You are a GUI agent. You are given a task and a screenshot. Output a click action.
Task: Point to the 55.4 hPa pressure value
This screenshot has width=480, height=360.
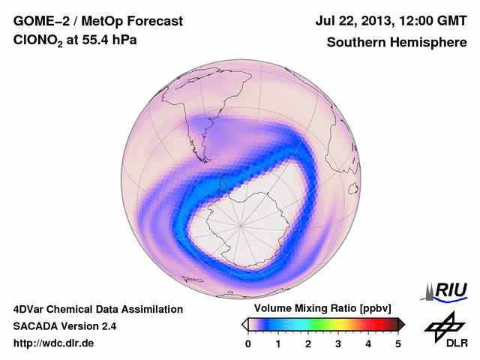click(x=115, y=42)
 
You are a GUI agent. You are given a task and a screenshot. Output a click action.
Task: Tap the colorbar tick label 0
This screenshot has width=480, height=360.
click(x=248, y=343)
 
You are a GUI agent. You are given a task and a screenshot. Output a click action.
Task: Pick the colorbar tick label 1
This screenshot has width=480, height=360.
click(x=278, y=343)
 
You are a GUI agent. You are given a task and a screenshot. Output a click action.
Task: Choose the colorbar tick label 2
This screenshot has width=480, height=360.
click(x=308, y=343)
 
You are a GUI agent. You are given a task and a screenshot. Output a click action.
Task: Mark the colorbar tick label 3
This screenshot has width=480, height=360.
click(x=338, y=343)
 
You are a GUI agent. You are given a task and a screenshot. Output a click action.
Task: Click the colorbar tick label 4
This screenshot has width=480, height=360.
click(x=368, y=343)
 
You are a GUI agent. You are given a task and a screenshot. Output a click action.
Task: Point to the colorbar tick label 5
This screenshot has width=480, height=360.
click(x=398, y=343)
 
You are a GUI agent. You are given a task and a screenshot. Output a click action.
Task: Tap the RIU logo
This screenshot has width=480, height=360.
click(x=446, y=290)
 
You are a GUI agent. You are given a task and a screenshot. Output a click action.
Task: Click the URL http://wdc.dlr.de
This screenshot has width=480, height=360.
click(x=55, y=343)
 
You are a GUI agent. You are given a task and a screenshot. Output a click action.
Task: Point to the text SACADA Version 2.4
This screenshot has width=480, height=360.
click(x=64, y=326)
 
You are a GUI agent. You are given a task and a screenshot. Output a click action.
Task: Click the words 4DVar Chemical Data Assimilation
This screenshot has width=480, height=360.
click(x=97, y=309)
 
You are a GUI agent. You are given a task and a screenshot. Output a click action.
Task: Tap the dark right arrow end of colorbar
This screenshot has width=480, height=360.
click(x=401, y=324)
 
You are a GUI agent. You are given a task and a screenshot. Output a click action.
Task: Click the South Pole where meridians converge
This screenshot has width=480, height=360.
click(x=241, y=224)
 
